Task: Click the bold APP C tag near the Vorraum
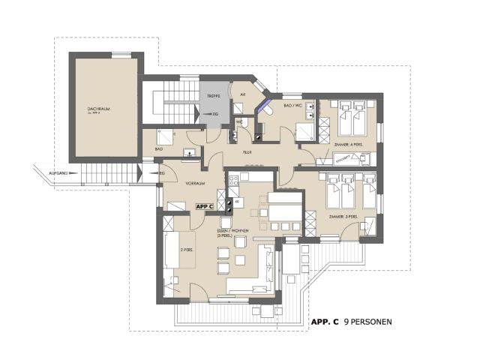click(x=205, y=205)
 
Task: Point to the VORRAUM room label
click(x=175, y=183)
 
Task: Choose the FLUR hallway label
click(x=246, y=151)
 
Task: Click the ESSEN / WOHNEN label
click(x=231, y=231)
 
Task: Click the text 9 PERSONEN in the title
click(x=367, y=322)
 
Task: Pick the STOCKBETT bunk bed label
click(x=343, y=158)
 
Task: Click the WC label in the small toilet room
click(x=238, y=121)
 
